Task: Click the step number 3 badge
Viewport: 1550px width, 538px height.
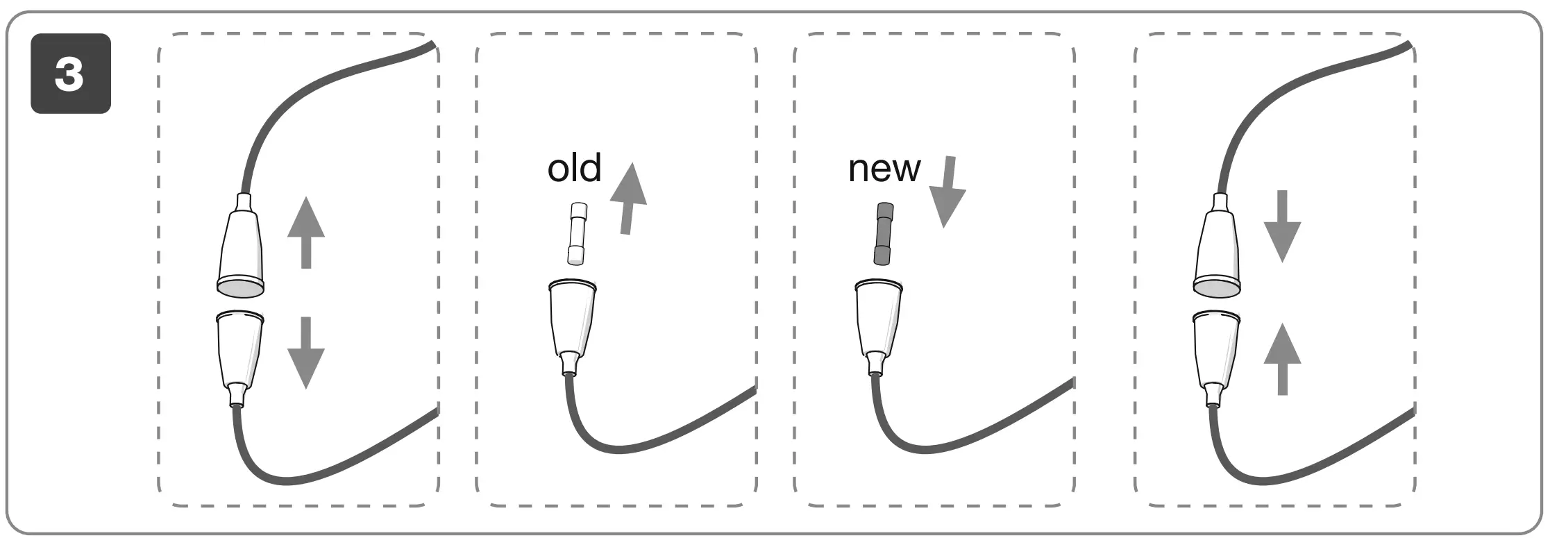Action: pos(70,74)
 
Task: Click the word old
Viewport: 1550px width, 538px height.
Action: pos(574,169)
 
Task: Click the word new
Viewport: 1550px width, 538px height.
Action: pos(884,169)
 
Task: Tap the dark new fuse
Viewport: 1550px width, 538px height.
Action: pos(884,234)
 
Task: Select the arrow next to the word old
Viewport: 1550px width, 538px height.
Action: pos(628,199)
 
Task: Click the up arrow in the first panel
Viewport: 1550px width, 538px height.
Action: pos(305,233)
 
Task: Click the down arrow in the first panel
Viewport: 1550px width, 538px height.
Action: pos(305,352)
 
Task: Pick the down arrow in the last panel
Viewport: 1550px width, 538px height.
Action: pos(1281,226)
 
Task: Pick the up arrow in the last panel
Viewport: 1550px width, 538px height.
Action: pos(1281,359)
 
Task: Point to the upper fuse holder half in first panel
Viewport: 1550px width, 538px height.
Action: pos(241,251)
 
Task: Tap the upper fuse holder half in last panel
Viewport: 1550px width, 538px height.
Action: pos(1217,251)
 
